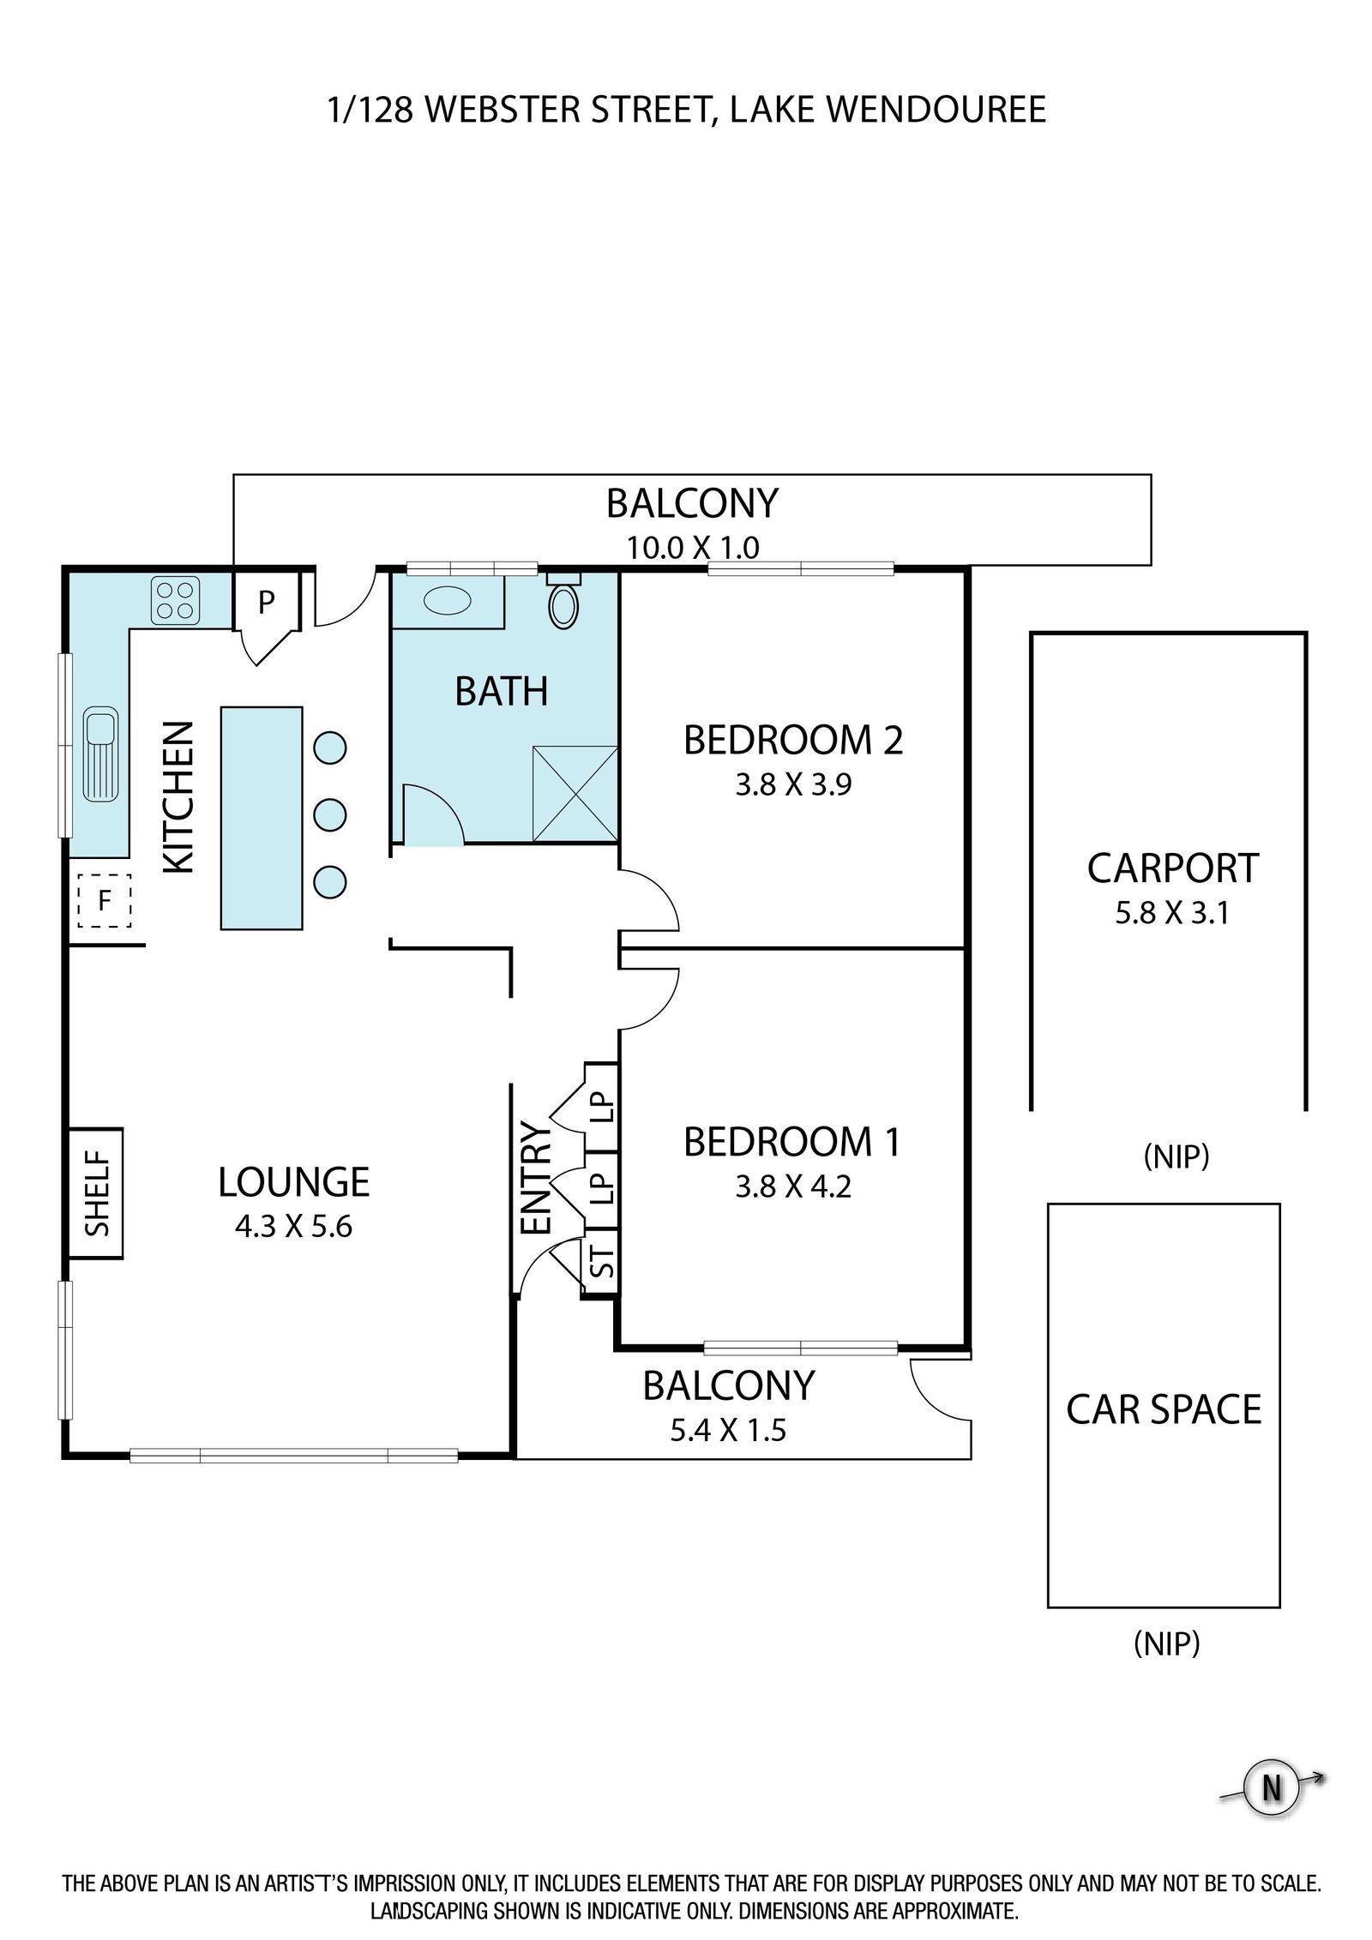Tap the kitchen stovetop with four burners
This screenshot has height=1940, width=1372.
(176, 600)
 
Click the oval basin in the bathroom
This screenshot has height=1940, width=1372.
(447, 600)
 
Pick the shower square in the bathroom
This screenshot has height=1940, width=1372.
(575, 795)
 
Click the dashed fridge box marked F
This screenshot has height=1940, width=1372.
(105, 900)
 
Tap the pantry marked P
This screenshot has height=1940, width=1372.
(267, 602)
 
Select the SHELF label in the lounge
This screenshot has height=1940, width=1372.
(98, 1193)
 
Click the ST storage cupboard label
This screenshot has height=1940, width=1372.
(604, 1260)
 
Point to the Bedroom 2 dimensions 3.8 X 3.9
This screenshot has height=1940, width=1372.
(793, 785)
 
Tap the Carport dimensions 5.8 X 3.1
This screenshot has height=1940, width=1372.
(1172, 913)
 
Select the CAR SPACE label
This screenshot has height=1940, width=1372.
(1164, 1409)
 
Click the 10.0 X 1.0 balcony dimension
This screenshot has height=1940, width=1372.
(693, 547)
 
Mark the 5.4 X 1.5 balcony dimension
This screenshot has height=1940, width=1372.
(728, 1431)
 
